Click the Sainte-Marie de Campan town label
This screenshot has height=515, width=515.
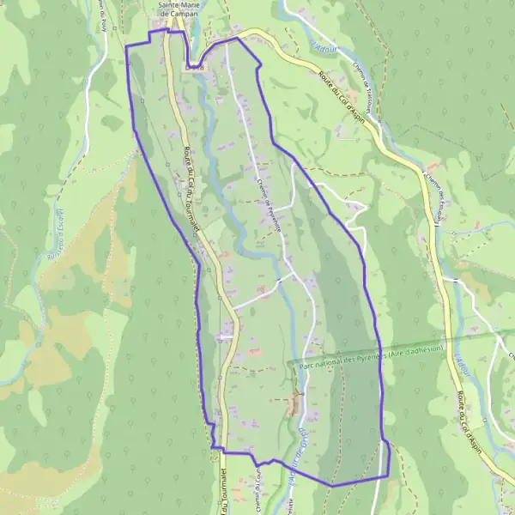(178, 9)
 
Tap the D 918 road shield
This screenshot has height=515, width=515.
(195, 66)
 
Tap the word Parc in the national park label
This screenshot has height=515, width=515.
(308, 364)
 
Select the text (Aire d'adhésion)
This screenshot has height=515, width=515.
(415, 349)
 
